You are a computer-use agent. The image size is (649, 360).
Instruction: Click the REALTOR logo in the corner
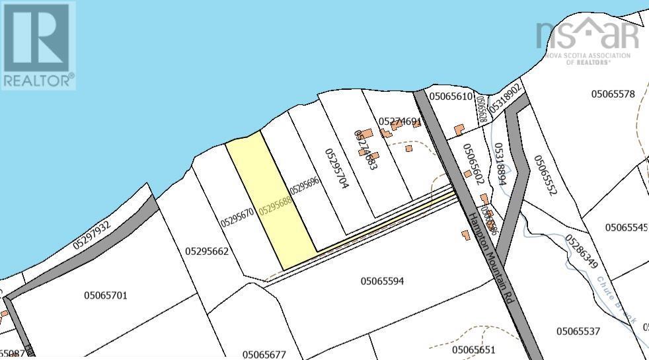pyautogui.click(x=38, y=45)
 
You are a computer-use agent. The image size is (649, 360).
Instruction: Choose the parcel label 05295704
pyautogui.click(x=336, y=169)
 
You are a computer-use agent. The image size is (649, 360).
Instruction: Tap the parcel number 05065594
pyautogui.click(x=391, y=281)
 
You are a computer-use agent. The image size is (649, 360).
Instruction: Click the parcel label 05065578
pyautogui.click(x=613, y=94)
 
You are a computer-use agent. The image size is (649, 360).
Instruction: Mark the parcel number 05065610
pyautogui.click(x=450, y=96)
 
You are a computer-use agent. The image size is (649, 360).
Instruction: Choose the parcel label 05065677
pyautogui.click(x=264, y=354)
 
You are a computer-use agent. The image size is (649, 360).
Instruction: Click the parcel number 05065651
pyautogui.click(x=473, y=349)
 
